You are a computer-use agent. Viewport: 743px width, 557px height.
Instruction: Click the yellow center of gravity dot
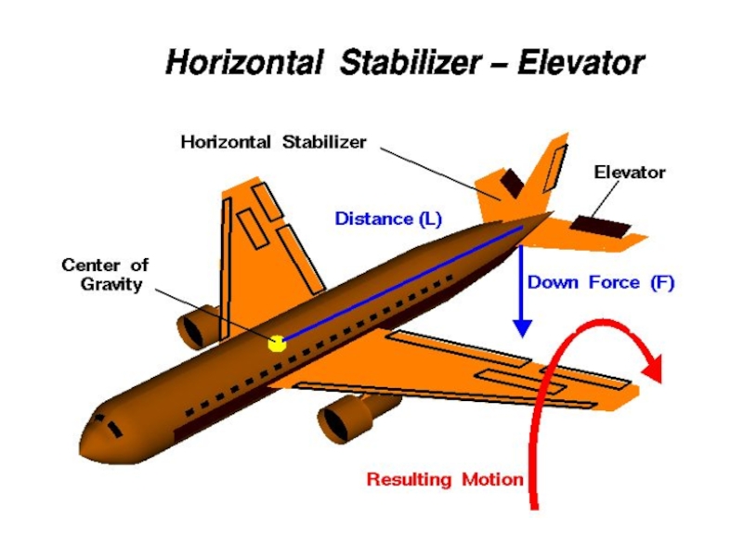(x=277, y=343)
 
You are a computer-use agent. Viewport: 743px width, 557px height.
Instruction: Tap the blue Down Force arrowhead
(x=523, y=327)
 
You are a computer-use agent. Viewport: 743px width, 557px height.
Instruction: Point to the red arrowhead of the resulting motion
(x=653, y=367)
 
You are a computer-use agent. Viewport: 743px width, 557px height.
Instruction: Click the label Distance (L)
(x=388, y=220)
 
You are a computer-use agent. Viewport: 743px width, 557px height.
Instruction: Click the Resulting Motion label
(x=445, y=480)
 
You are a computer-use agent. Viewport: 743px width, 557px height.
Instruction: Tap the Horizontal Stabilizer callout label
(x=273, y=142)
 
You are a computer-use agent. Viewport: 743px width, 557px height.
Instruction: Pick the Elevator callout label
(x=630, y=172)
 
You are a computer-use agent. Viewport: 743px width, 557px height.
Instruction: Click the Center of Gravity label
(x=105, y=275)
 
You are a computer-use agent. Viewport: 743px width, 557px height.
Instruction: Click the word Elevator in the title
(x=580, y=63)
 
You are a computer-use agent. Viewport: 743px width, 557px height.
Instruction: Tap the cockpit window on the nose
(x=111, y=428)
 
